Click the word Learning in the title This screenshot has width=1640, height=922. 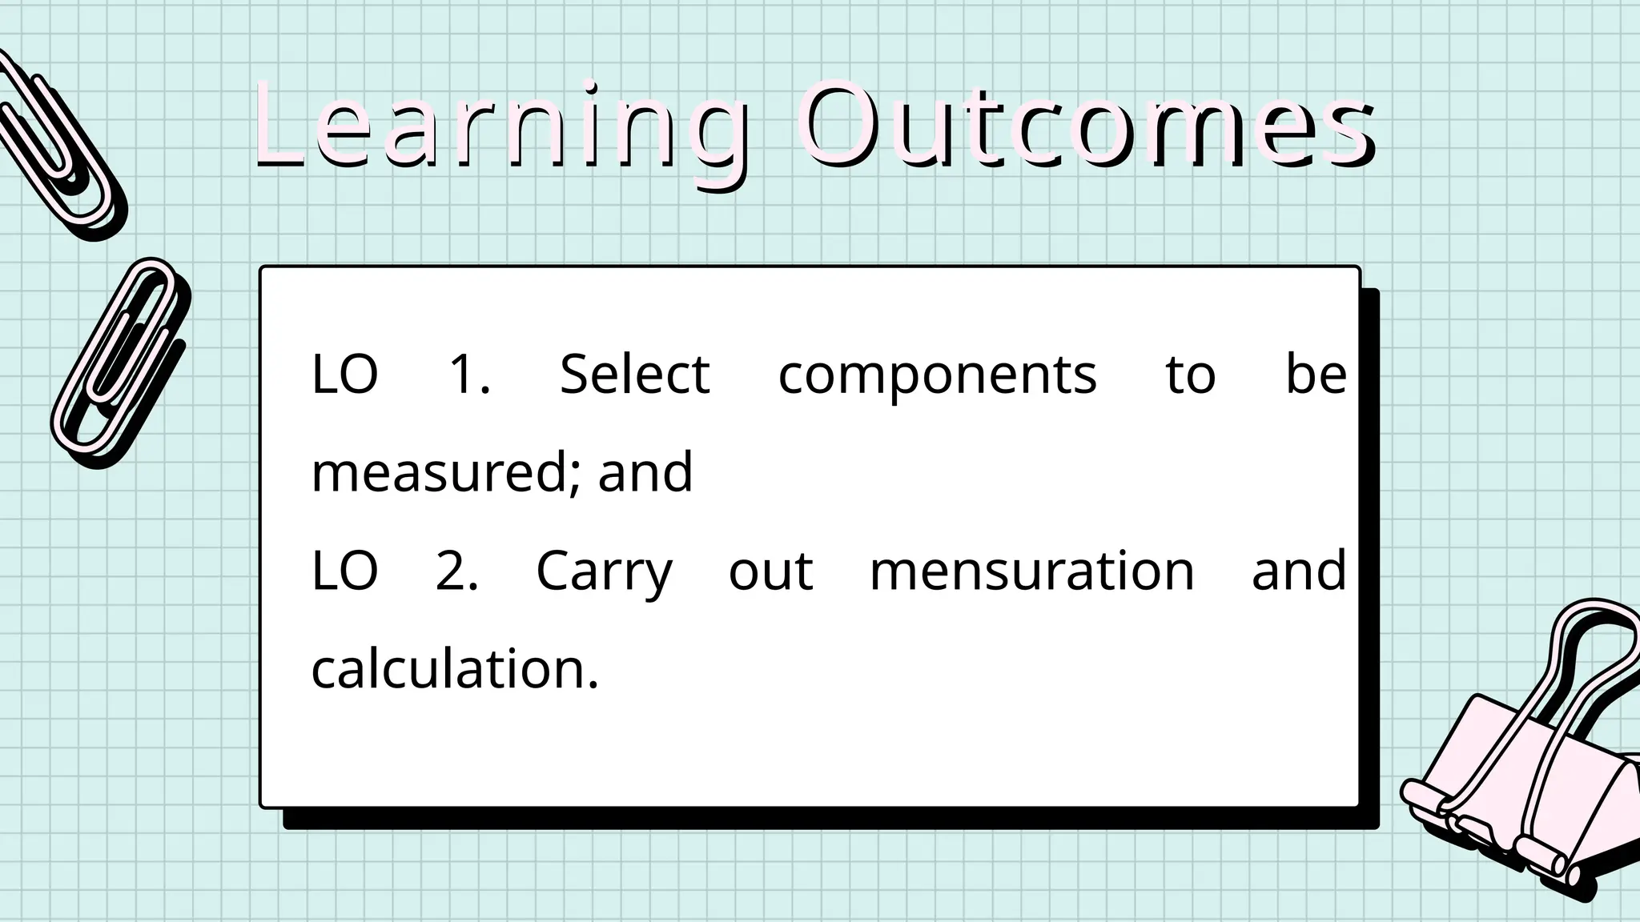pyautogui.click(x=500, y=128)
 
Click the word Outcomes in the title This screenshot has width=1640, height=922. pyautogui.click(x=1085, y=128)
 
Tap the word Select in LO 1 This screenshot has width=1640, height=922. pyautogui.click(x=634, y=374)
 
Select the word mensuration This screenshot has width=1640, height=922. pyautogui.click(x=1031, y=571)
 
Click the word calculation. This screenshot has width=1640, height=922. pyautogui.click(x=454, y=669)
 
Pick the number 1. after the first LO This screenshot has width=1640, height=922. pyautogui.click(x=469, y=374)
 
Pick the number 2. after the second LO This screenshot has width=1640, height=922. pyautogui.click(x=457, y=571)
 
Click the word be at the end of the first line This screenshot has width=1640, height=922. pyautogui.click(x=1316, y=374)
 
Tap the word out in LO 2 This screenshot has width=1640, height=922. pyautogui.click(x=770, y=571)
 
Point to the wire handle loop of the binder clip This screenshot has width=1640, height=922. pyautogui.click(x=1594, y=640)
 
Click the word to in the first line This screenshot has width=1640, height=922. pyautogui.click(x=1190, y=375)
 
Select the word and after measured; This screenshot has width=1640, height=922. pyautogui.click(x=645, y=472)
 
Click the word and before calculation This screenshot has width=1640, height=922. pyautogui.click(x=1298, y=571)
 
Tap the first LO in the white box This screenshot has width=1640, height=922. pyautogui.click(x=344, y=374)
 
